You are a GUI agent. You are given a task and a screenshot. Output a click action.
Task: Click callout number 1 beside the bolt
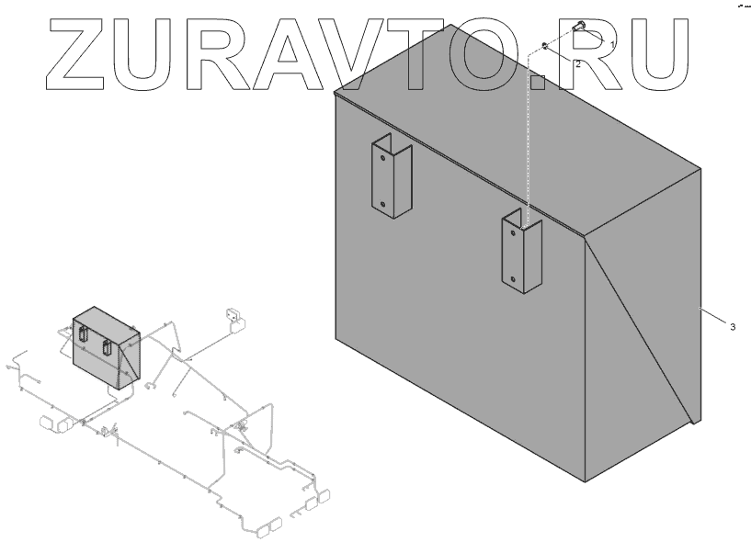click(x=613, y=43)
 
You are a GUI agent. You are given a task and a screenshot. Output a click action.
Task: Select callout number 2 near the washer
click(x=577, y=64)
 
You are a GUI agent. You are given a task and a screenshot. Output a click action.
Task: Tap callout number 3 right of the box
click(x=732, y=327)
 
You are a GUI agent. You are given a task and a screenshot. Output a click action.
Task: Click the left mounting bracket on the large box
click(x=392, y=180)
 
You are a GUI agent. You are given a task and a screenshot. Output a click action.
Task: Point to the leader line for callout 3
click(x=713, y=315)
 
